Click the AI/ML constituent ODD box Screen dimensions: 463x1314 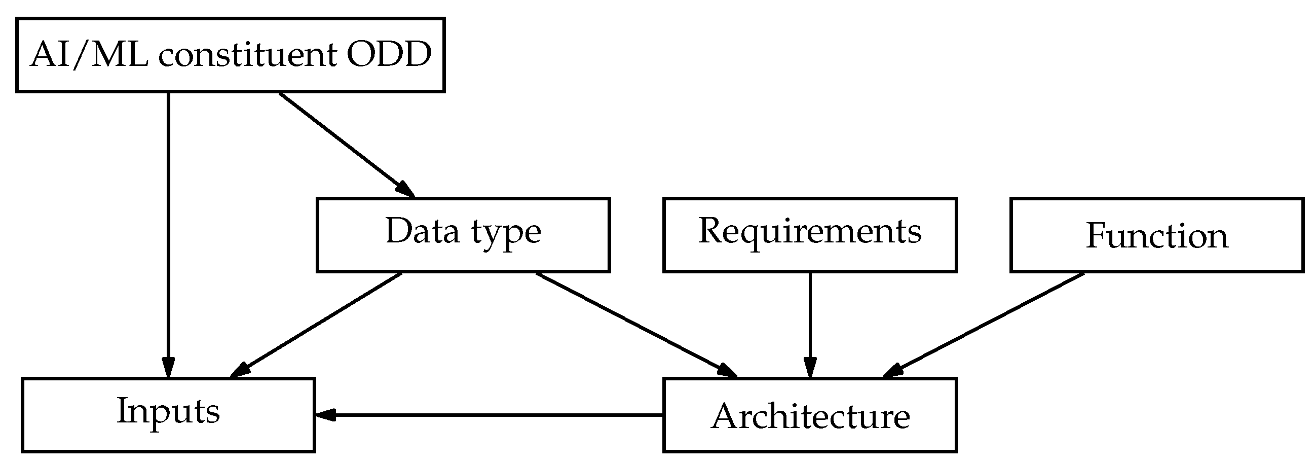point(230,55)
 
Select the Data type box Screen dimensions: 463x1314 point(463,235)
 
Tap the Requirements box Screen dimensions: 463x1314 point(809,235)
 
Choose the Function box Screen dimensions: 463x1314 point(1156,235)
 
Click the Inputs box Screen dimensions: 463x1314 point(168,414)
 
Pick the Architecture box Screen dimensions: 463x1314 point(809,414)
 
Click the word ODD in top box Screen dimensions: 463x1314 point(389,55)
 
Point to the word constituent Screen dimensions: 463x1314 point(247,55)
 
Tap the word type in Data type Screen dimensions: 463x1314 point(506,233)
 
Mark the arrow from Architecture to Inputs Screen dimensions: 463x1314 point(490,414)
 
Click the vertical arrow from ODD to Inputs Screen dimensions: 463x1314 point(168,230)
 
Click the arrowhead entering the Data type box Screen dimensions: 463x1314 point(406,189)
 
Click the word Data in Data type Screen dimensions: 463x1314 point(422,232)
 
